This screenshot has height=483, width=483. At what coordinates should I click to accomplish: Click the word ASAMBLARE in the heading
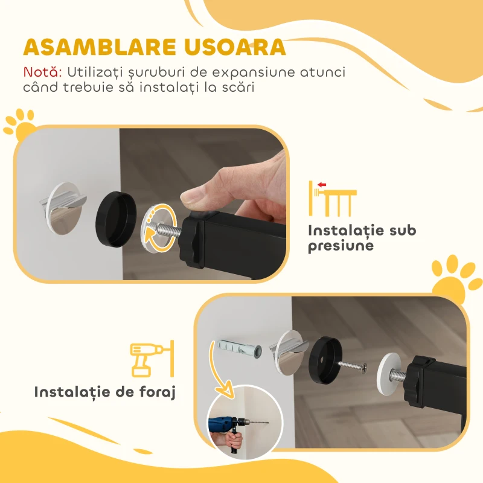[x=95, y=48]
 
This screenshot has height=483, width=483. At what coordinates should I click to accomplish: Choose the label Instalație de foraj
[x=104, y=392]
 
